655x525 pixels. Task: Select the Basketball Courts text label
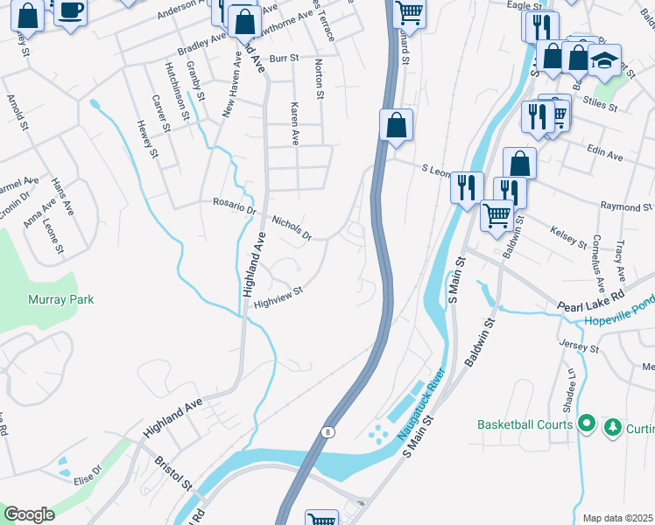pyautogui.click(x=525, y=424)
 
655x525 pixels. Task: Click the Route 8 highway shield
pyautogui.click(x=327, y=431)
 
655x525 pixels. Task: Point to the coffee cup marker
pyautogui.click(x=70, y=12)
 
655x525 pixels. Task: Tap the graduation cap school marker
pyautogui.click(x=603, y=60)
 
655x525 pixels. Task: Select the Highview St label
pyautogui.click(x=278, y=297)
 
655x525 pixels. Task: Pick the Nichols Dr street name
pyautogui.click(x=292, y=227)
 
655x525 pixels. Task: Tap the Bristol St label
pyautogui.click(x=173, y=472)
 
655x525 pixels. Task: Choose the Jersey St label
pyautogui.click(x=579, y=346)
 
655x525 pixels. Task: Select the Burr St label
pyautogui.click(x=284, y=59)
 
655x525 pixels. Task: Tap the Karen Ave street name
pyautogui.click(x=295, y=122)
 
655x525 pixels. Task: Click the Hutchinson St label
pyautogui.click(x=175, y=91)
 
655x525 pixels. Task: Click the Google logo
pyautogui.click(x=28, y=514)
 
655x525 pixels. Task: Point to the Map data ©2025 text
pyautogui.click(x=617, y=518)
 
